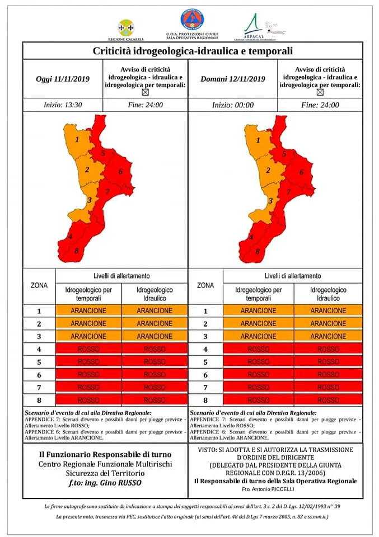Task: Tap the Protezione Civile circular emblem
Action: [192, 20]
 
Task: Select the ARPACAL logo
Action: [254, 25]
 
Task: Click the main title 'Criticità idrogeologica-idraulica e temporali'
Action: [192, 51]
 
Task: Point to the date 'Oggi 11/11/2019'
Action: [62, 79]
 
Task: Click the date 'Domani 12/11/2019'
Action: [233, 79]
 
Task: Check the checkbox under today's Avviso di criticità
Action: [146, 93]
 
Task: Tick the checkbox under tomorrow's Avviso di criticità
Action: [320, 93]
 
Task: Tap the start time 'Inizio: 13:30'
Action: [63, 105]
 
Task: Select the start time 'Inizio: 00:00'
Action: [233, 105]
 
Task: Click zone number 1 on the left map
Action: [77, 139]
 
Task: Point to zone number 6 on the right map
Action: [301, 172]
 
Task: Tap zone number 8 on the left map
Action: [77, 251]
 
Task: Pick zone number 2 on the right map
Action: [268, 171]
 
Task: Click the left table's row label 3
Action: [39, 336]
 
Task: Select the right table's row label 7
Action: [205, 387]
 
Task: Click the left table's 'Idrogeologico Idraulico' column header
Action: [155, 294]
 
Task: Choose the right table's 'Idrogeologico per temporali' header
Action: [258, 294]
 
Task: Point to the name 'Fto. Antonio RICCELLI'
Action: [275, 489]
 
